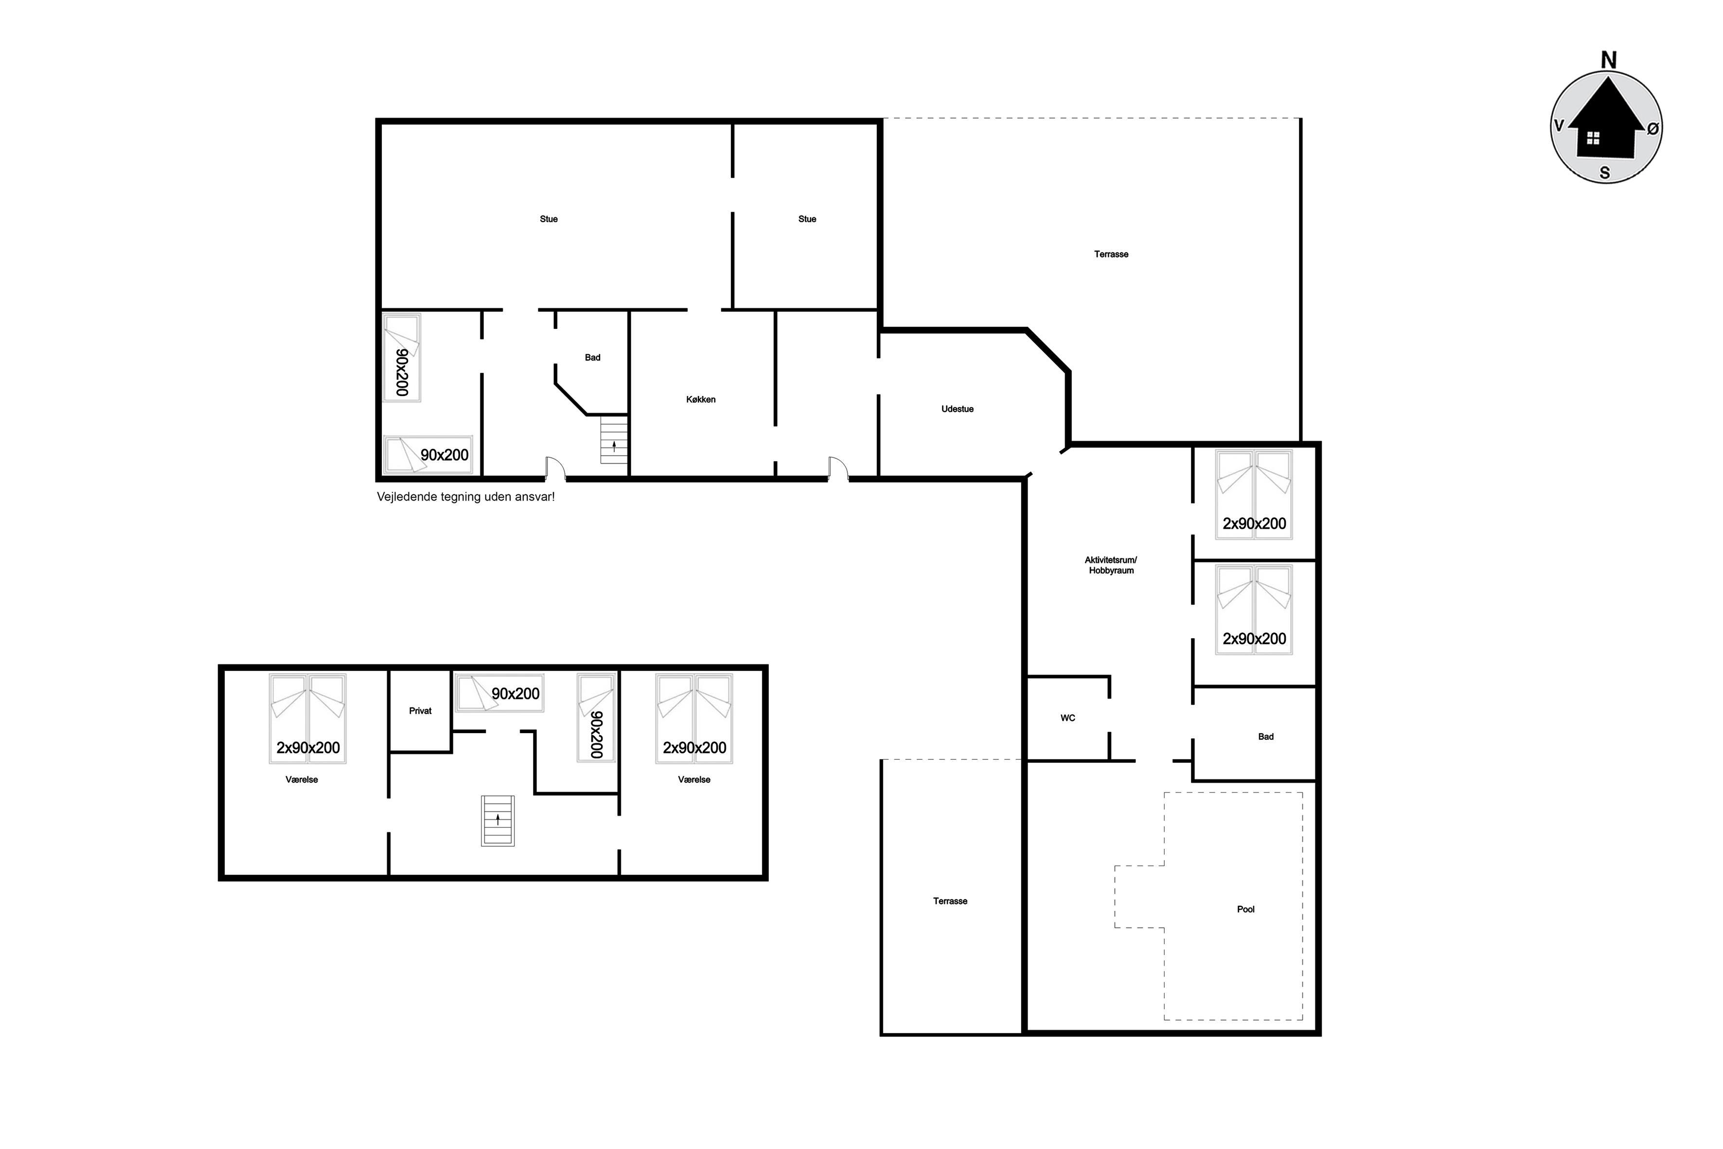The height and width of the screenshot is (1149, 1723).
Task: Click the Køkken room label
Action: pyautogui.click(x=701, y=399)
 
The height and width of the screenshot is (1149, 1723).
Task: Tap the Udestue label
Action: pyautogui.click(x=958, y=409)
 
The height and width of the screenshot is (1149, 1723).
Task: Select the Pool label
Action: pyautogui.click(x=1245, y=909)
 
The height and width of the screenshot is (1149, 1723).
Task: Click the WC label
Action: pyautogui.click(x=1068, y=718)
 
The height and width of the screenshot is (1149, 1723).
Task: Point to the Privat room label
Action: pyautogui.click(x=421, y=711)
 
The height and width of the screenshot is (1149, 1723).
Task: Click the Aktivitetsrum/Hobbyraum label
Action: pyautogui.click(x=1111, y=565)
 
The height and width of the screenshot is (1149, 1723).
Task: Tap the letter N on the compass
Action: pyautogui.click(x=1609, y=60)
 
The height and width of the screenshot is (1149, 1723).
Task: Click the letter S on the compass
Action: pyautogui.click(x=1605, y=173)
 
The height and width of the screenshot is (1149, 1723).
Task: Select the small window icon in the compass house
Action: pyautogui.click(x=1593, y=139)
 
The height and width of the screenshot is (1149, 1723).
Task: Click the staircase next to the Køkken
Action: pyautogui.click(x=614, y=440)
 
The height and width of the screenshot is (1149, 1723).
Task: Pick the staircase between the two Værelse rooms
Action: pyautogui.click(x=498, y=821)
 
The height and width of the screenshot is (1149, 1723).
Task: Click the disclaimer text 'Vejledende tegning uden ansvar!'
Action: pyautogui.click(x=466, y=497)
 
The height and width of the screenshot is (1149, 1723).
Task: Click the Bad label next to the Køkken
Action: pyautogui.click(x=593, y=358)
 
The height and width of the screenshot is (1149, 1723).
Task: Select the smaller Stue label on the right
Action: pyautogui.click(x=807, y=219)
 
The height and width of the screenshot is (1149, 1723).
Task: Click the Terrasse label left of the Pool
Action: pyautogui.click(x=950, y=901)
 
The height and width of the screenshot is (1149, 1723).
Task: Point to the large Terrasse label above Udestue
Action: pyautogui.click(x=1111, y=254)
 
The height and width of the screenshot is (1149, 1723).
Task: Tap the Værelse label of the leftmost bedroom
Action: pyautogui.click(x=302, y=780)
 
